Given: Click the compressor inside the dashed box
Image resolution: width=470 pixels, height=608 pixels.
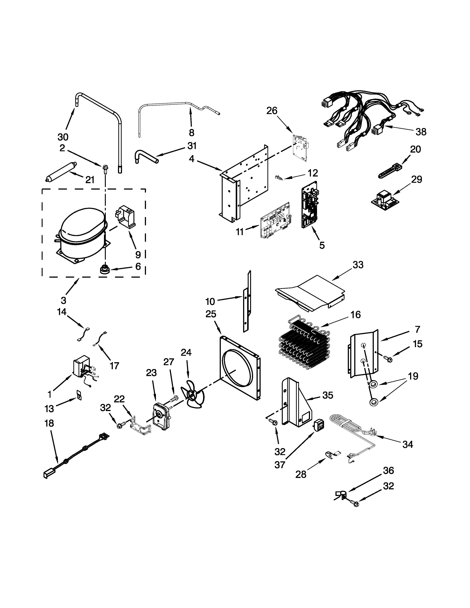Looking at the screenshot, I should pos(81,234).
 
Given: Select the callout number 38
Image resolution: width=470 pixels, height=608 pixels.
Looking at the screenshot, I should pos(421,132).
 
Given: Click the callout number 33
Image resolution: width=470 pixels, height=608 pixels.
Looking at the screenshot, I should pos(358,265).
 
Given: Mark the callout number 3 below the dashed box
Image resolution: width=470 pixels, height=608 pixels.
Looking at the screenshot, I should pos(63,300).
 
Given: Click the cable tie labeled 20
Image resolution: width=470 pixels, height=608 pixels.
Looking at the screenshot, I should pos(390,171).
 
